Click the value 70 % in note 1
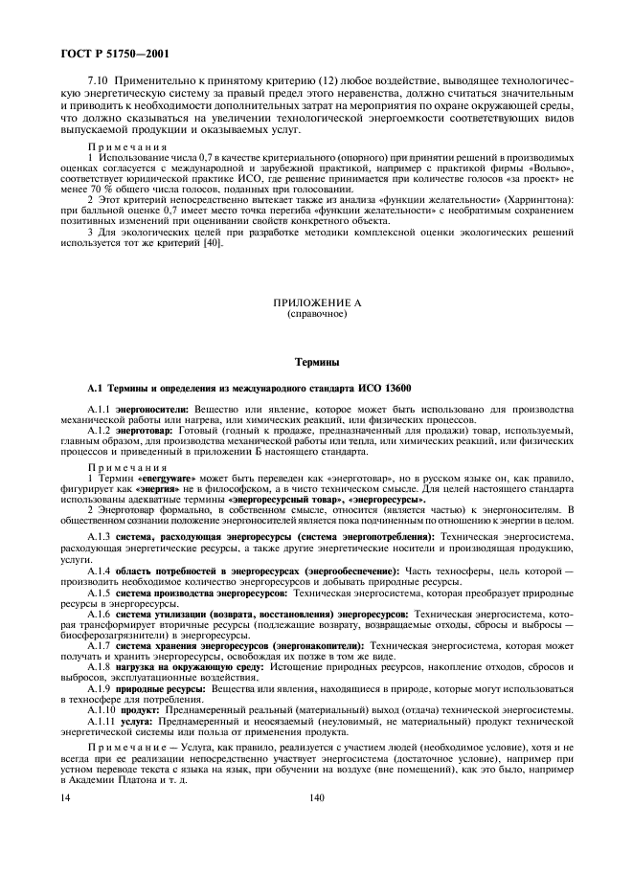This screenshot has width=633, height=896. tap(96, 189)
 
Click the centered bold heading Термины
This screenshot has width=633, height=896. tap(316, 363)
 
